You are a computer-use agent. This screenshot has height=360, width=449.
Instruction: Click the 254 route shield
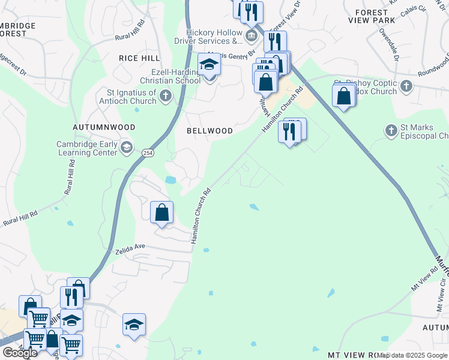(x=148, y=154)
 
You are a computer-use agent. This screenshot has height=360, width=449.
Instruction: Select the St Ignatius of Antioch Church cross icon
(x=166, y=96)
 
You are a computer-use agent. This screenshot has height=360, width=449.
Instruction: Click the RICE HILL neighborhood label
(x=140, y=58)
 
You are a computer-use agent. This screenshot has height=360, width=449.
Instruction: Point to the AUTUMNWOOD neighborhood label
(x=104, y=128)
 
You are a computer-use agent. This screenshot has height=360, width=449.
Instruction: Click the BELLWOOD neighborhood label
(x=209, y=130)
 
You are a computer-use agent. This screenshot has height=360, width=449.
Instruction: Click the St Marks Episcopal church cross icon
(x=391, y=130)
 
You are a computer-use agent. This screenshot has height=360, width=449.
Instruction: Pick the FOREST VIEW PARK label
(x=384, y=16)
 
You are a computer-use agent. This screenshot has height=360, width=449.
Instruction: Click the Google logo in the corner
(x=20, y=353)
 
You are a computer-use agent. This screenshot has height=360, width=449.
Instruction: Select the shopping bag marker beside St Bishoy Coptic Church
(x=344, y=95)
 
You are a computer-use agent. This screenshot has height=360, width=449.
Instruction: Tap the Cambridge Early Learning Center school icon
(x=126, y=148)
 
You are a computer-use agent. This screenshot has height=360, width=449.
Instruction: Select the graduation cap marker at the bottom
(x=134, y=325)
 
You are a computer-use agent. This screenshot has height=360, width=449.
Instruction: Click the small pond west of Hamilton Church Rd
(x=171, y=179)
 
